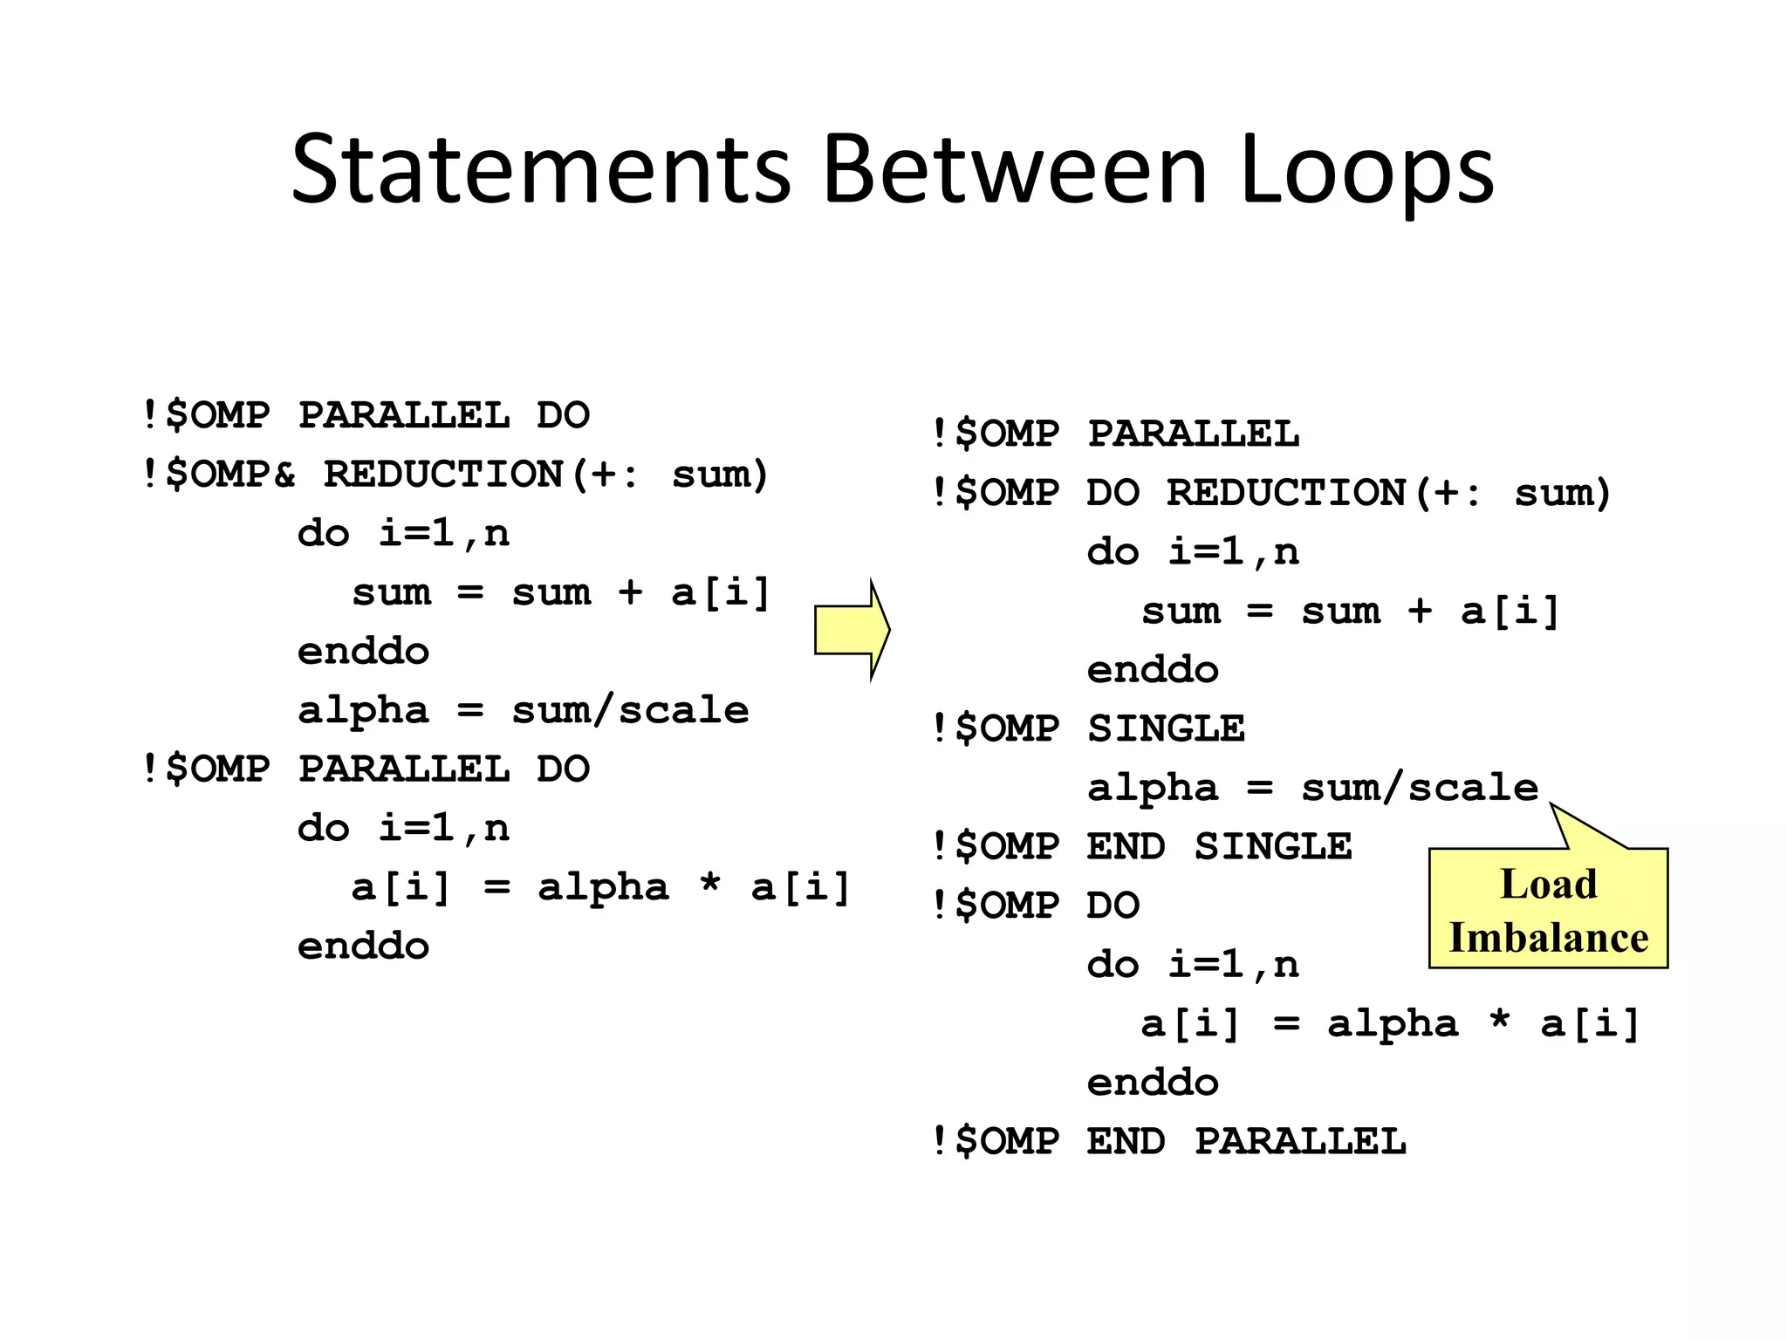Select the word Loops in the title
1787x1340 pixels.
[1366, 171]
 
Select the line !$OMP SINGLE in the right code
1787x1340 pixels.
[1087, 728]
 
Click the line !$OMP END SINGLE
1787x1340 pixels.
[1141, 846]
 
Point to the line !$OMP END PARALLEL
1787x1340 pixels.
[1168, 1141]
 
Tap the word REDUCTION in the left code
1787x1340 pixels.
[443, 475]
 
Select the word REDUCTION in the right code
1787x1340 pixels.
[1286, 493]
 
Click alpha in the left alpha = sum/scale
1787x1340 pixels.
[364, 710]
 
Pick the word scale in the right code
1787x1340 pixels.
[1473, 788]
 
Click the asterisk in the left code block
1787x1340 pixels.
[710, 883]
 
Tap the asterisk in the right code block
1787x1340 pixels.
[1499, 1019]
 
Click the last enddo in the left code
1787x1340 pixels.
[364, 946]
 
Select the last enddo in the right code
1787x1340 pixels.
[1153, 1083]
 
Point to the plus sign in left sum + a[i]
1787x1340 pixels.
[630, 592]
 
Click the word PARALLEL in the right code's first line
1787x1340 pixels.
[1193, 434]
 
